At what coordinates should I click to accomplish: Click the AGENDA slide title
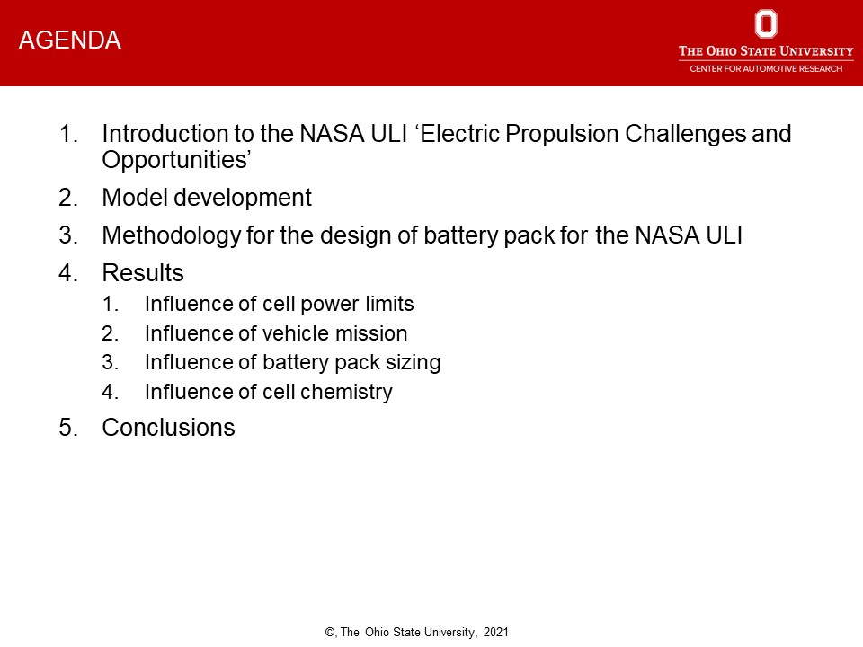point(70,40)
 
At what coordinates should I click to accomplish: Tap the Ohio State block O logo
point(766,23)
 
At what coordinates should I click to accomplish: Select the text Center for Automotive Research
point(766,69)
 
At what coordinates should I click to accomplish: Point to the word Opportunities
point(173,160)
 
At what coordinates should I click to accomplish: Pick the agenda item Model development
point(207,198)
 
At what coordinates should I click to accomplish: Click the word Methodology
point(172,235)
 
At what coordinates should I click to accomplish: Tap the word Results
point(143,273)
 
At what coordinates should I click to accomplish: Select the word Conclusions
point(168,428)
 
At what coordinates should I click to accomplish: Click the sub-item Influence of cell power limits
point(279,304)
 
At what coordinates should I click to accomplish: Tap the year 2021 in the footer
point(496,632)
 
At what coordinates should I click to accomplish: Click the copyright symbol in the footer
point(330,632)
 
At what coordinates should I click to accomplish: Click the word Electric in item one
point(460,134)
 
